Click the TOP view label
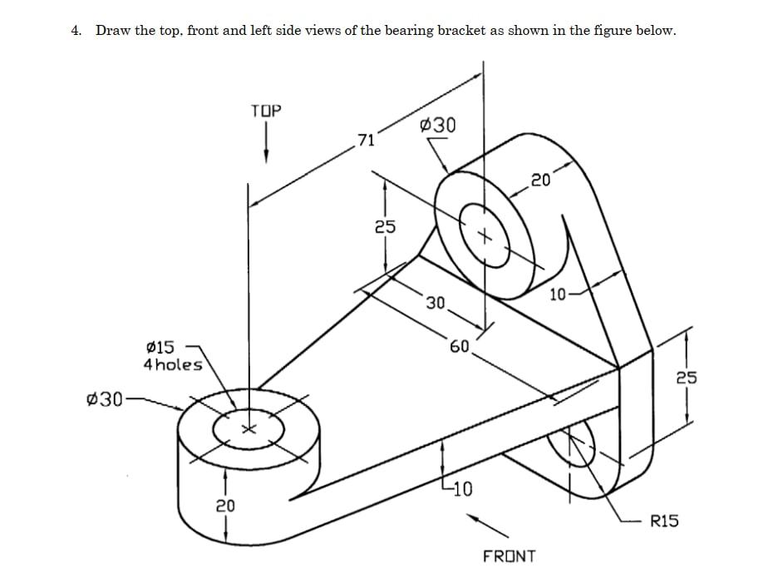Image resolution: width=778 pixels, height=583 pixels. [x=266, y=111]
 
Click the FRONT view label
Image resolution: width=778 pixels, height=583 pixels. [x=510, y=556]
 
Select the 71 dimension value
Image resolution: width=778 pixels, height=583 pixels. [x=366, y=139]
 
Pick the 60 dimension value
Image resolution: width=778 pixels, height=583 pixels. [x=460, y=345]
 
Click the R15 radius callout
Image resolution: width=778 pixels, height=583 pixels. [x=664, y=521]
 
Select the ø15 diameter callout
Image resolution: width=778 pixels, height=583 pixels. [x=160, y=346]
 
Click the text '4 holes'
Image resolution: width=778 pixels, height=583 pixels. [x=173, y=364]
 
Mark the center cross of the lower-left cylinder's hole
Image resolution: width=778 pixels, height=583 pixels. [x=247, y=429]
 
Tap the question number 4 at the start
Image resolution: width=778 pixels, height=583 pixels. [x=76, y=31]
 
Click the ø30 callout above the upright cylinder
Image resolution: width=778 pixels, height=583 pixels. [x=438, y=126]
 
